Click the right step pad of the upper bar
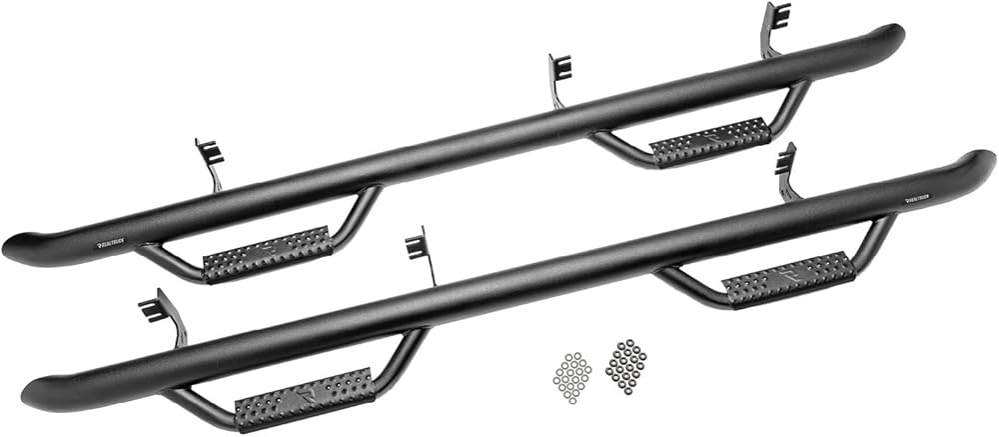[x=710, y=141]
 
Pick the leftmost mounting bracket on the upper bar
[x=211, y=159]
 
